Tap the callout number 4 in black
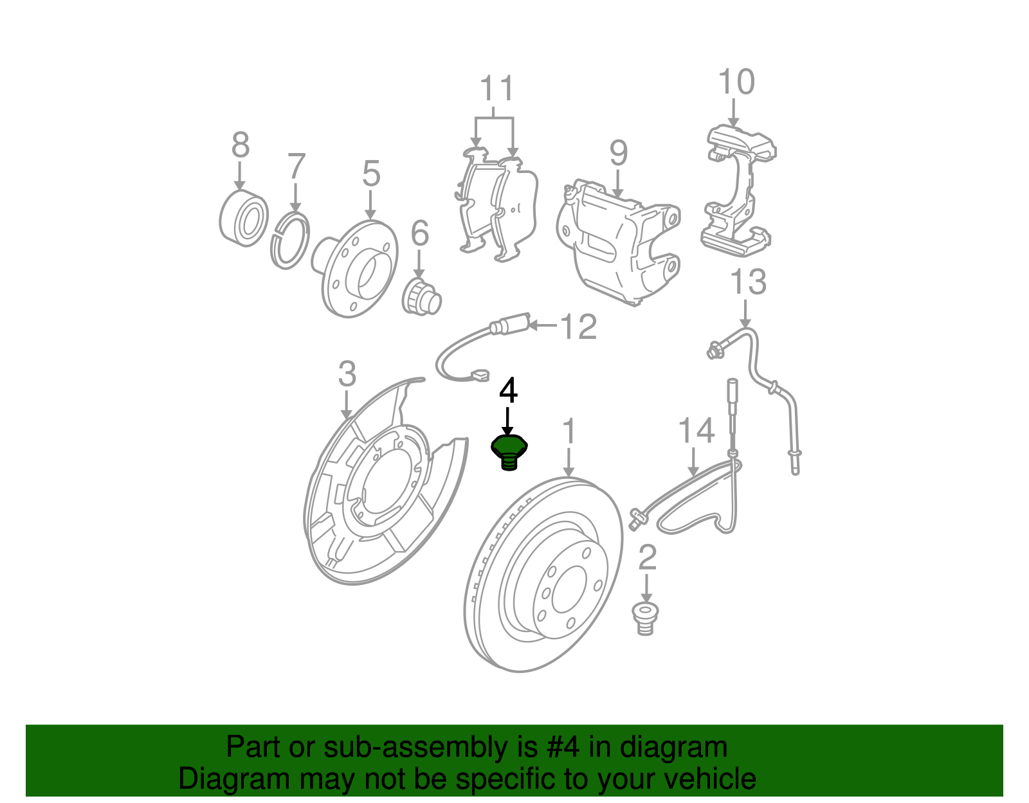pos(508,390)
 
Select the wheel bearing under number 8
pos(243,216)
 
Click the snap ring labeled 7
pos(289,241)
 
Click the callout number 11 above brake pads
pos(497,89)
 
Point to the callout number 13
pos(748,282)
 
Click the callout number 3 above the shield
pos(347,374)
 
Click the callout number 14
pos(696,431)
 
